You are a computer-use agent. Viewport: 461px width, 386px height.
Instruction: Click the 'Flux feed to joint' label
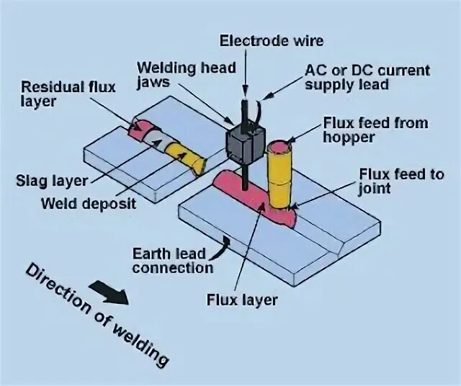click(x=400, y=181)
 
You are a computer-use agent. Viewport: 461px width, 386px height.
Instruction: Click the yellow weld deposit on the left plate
click(x=179, y=154)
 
